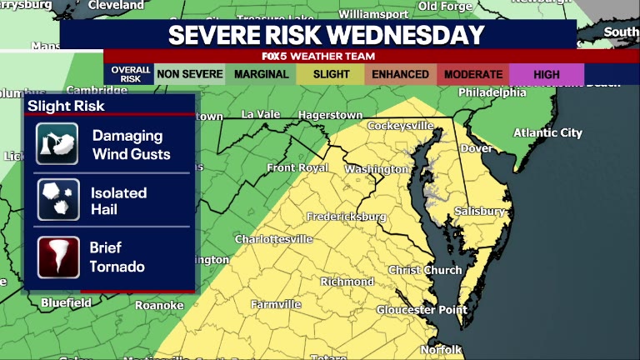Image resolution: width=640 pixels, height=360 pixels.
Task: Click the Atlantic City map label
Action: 547,132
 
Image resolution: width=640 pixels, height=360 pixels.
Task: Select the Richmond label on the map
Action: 347,282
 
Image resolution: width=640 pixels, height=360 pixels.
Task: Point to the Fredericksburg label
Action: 346,217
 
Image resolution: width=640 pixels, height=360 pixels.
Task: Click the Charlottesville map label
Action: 273,239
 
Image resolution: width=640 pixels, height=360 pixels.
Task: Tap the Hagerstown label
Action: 331,115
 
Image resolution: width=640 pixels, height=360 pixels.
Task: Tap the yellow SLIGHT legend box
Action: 331,74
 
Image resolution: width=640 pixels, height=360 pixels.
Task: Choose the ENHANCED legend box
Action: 401,74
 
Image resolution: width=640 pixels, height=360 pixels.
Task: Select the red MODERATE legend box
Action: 473,74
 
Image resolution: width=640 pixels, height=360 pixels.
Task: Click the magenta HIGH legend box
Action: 547,74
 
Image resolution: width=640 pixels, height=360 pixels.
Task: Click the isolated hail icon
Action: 57,200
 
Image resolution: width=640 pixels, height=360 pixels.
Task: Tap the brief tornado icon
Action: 57,257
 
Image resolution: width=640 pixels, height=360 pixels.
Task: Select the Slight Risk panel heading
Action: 67,106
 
